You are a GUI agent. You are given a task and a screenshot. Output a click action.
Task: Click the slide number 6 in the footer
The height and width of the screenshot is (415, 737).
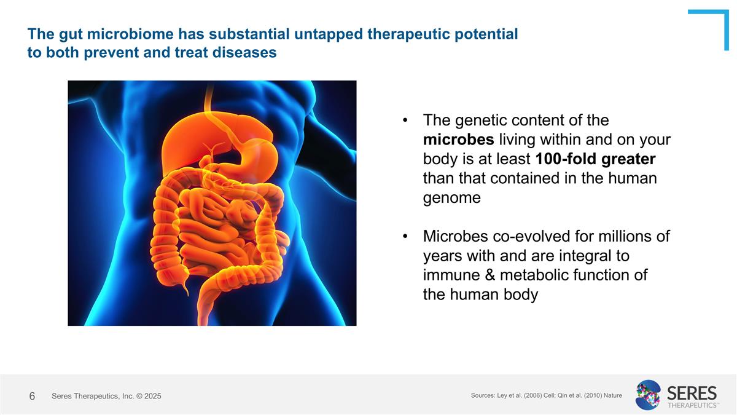pyautogui.click(x=32, y=397)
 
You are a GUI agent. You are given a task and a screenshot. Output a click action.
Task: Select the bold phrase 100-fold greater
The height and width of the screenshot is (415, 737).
pyautogui.click(x=595, y=159)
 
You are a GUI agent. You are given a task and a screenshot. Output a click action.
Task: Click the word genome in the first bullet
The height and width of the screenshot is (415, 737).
pyautogui.click(x=451, y=198)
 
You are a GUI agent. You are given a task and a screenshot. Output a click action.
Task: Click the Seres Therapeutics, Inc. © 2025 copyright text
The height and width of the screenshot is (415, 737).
pyautogui.click(x=106, y=397)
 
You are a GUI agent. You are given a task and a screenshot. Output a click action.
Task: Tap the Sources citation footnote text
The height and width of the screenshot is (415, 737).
pyautogui.click(x=546, y=395)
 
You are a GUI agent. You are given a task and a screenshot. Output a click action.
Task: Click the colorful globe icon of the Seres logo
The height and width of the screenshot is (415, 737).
pyautogui.click(x=648, y=395)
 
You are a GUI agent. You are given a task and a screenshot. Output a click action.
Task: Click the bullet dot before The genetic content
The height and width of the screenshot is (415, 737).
pyautogui.click(x=405, y=121)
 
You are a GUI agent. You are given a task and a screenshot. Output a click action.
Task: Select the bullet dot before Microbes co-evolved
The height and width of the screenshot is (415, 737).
pyautogui.click(x=405, y=237)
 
